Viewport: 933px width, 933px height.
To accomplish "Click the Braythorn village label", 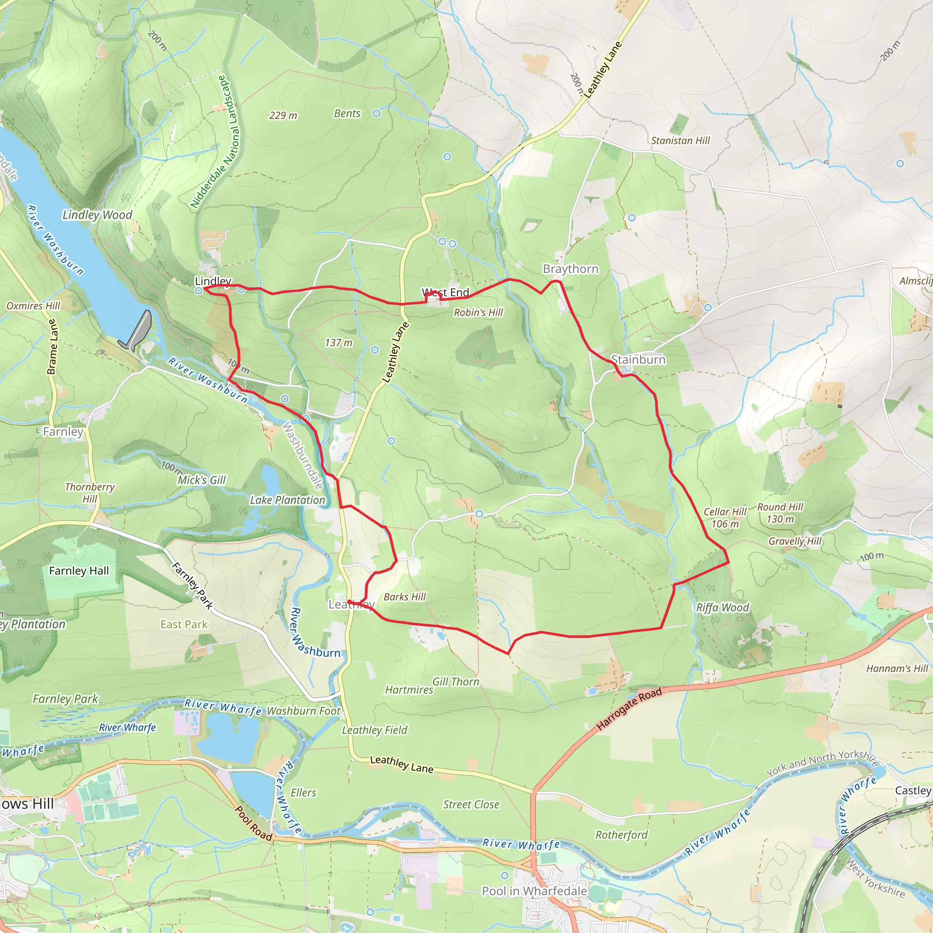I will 570,269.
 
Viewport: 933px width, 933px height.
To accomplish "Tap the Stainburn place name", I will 638,359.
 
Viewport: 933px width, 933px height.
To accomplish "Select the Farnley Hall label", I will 79,571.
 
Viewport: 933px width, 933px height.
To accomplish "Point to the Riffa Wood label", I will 723,608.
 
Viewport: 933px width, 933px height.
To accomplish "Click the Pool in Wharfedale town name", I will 534,891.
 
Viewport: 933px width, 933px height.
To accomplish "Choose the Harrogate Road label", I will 629,709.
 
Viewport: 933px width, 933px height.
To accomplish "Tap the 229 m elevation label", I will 283,115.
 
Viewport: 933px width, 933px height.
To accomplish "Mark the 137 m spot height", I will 338,343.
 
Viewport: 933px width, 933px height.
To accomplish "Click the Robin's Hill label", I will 478,313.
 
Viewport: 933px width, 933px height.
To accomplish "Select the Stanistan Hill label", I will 681,140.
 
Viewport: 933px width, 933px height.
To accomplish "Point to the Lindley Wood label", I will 97,215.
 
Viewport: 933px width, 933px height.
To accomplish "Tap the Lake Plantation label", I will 287,500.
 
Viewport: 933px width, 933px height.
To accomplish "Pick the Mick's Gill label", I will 201,480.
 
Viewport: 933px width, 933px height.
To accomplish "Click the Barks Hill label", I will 405,597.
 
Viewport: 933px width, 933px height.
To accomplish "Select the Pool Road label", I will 254,823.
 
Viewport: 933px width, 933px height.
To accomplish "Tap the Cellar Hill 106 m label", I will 725,518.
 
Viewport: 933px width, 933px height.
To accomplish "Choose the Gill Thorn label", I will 456,682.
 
